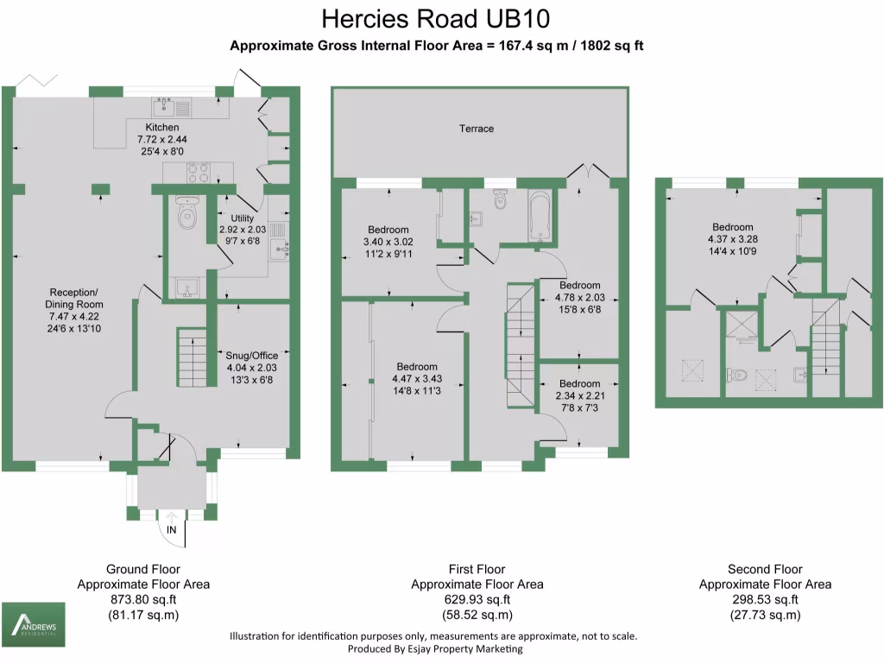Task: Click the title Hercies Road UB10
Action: click(x=436, y=18)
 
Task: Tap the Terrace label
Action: click(x=477, y=129)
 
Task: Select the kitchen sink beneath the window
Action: click(x=164, y=107)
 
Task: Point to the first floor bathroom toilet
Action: click(x=499, y=200)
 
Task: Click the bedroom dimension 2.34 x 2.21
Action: click(x=579, y=395)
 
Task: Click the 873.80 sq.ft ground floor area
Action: click(x=143, y=599)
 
